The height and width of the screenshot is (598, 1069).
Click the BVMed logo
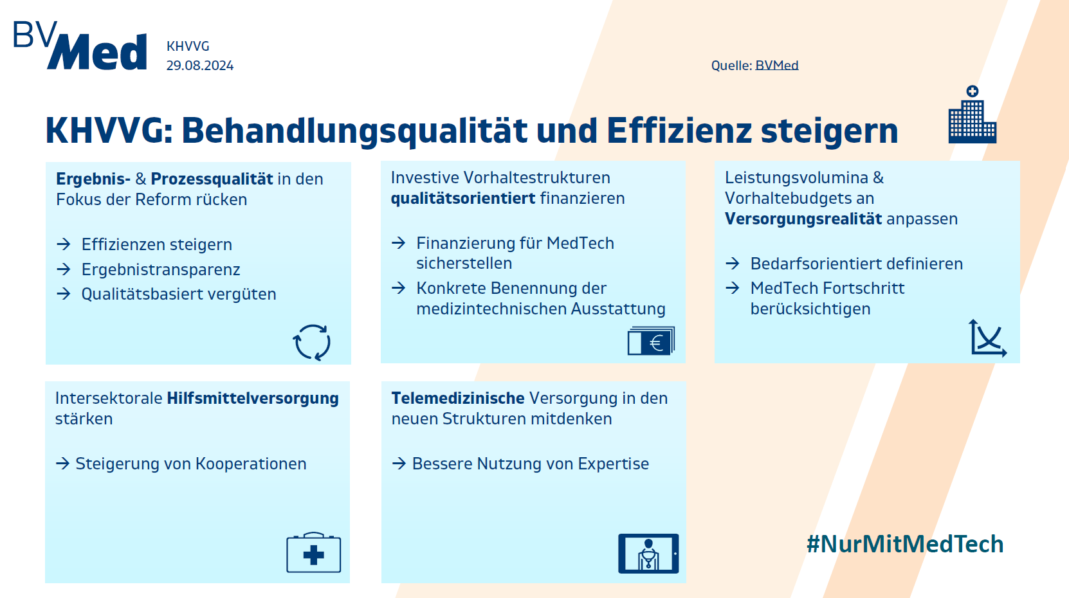[80, 46]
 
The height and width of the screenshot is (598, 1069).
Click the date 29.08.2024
[200, 66]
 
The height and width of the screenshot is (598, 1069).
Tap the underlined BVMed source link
[776, 66]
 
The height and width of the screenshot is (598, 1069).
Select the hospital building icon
[972, 114]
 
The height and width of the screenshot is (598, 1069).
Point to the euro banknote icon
[651, 341]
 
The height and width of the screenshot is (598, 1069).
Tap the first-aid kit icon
[313, 552]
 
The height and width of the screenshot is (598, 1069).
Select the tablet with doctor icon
[648, 554]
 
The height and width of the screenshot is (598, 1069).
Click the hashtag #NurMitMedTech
[905, 543]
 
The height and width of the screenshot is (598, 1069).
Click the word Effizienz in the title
[679, 131]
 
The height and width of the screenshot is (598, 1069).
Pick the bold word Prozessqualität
[212, 179]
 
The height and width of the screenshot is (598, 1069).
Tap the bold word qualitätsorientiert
[463, 198]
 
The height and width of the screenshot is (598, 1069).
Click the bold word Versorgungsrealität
[803, 219]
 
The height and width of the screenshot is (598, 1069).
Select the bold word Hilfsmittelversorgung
[253, 398]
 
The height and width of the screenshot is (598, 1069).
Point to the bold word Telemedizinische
[458, 398]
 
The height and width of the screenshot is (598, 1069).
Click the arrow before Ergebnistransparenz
[64, 269]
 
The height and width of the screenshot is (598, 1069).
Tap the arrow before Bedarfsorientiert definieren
[733, 264]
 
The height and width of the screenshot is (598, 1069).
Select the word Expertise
[613, 464]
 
